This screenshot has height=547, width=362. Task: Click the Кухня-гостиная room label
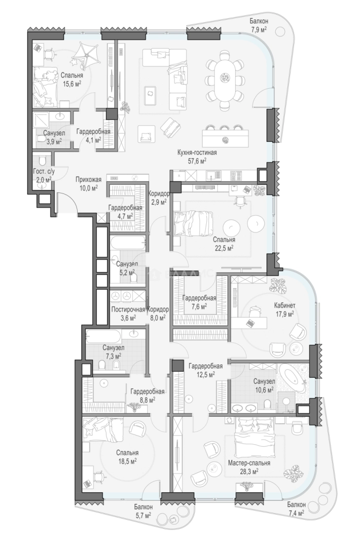(x=197, y=152)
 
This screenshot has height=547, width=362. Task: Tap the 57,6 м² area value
(x=197, y=161)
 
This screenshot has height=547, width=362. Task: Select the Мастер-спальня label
(x=249, y=463)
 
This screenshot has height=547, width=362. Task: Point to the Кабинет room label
(x=284, y=305)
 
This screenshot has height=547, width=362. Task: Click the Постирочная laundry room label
(x=128, y=309)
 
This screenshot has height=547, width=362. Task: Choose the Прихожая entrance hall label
(x=89, y=180)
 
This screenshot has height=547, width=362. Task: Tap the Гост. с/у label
(x=44, y=171)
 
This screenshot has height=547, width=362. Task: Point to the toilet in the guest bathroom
(x=42, y=160)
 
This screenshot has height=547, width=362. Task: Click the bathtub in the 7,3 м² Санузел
(x=103, y=337)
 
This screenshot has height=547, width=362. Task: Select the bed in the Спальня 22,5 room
(x=193, y=223)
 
